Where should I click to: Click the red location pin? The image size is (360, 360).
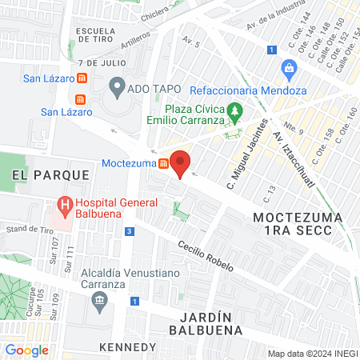coord(181,163)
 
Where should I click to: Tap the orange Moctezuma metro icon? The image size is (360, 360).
coord(163,164)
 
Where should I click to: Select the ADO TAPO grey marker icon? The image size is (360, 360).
coord(118,84)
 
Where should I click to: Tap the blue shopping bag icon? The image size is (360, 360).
coord(289,70)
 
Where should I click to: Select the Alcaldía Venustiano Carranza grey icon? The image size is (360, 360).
coord(100,302)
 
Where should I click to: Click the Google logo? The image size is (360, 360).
coord(27,350)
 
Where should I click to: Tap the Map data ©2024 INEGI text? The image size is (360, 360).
coord(310,354)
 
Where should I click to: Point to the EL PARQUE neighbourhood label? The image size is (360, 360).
coord(33,174)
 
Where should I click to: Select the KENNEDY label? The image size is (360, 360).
coord(128,346)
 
